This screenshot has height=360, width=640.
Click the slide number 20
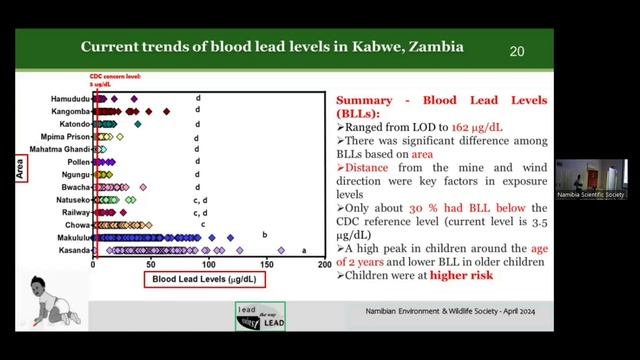[517, 51]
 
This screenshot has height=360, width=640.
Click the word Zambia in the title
[434, 47]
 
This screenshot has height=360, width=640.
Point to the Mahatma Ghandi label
[64, 148]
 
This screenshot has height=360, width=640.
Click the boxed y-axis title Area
[19, 172]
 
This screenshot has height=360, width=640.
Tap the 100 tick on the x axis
[209, 265]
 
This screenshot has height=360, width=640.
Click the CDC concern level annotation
[112, 80]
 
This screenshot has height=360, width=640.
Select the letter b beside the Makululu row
[264, 235]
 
